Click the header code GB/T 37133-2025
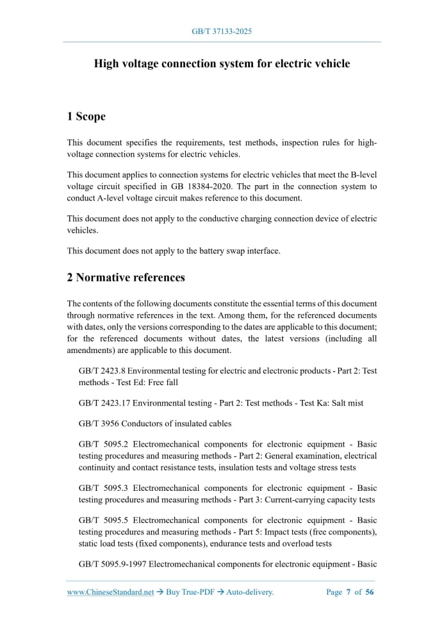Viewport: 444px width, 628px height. [222, 31]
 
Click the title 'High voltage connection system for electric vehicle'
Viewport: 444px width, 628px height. [222, 63]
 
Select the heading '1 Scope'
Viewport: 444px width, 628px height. [86, 116]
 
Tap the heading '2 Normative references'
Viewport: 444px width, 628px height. [126, 277]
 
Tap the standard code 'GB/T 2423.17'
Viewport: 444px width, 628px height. [103, 402]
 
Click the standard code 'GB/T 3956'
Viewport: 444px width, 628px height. [97, 424]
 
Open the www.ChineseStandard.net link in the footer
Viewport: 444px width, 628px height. [111, 592]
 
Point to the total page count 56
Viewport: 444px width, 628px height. [370, 592]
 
